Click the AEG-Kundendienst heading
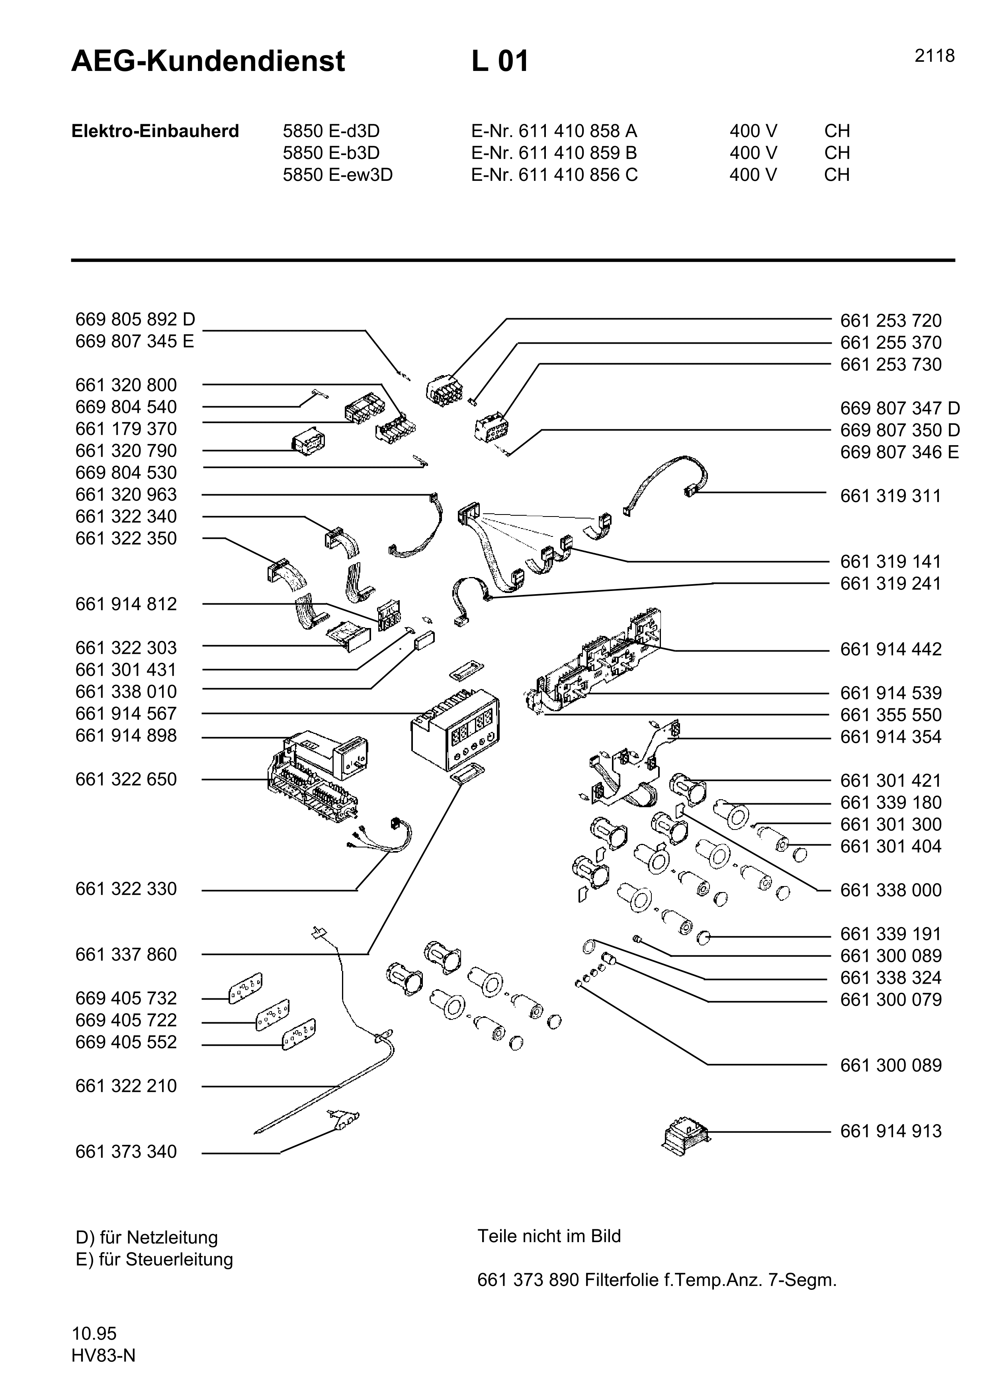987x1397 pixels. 208,61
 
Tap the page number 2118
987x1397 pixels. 934,56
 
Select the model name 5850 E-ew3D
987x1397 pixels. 338,175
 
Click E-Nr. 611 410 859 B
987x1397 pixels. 554,153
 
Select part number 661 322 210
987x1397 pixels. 126,1086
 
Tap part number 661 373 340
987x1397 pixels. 126,1152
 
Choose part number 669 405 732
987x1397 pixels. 126,998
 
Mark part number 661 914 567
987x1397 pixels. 126,714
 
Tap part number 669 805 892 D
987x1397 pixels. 135,319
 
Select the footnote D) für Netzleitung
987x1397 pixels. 146,1238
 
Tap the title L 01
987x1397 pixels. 500,61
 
